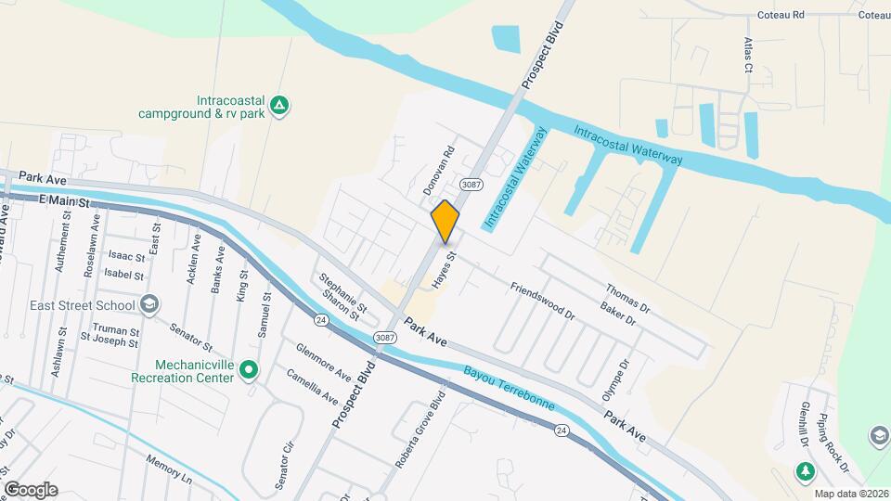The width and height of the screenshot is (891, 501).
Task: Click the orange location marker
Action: [x=445, y=221]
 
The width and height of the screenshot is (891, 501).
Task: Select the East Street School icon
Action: [x=148, y=305]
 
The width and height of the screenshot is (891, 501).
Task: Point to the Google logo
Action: [x=31, y=490]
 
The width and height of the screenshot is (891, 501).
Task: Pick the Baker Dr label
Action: [x=617, y=314]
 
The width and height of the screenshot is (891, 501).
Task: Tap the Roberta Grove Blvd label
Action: [x=425, y=430]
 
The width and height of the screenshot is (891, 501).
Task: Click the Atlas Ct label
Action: [x=747, y=55]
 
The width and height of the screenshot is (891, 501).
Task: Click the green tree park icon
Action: [x=806, y=473]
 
